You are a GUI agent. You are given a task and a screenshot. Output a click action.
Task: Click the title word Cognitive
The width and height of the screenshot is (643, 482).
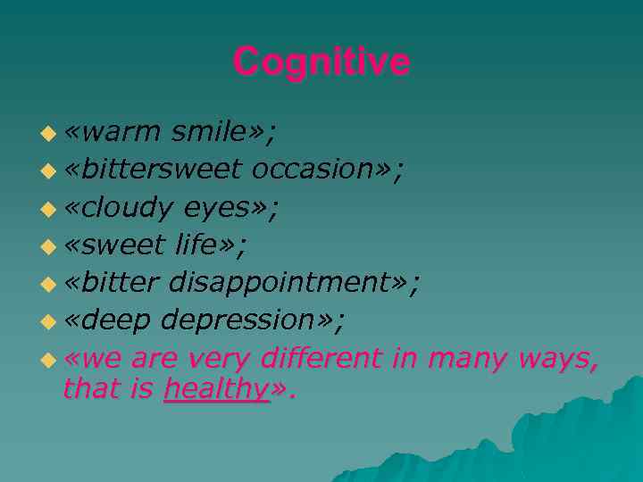click(321, 62)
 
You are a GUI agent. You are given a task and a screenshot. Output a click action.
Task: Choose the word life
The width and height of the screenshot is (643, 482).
click(205, 245)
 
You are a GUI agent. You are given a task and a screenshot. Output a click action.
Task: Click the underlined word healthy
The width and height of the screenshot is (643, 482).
click(216, 389)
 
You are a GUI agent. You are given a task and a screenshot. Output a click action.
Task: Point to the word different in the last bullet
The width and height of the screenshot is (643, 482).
click(324, 358)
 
